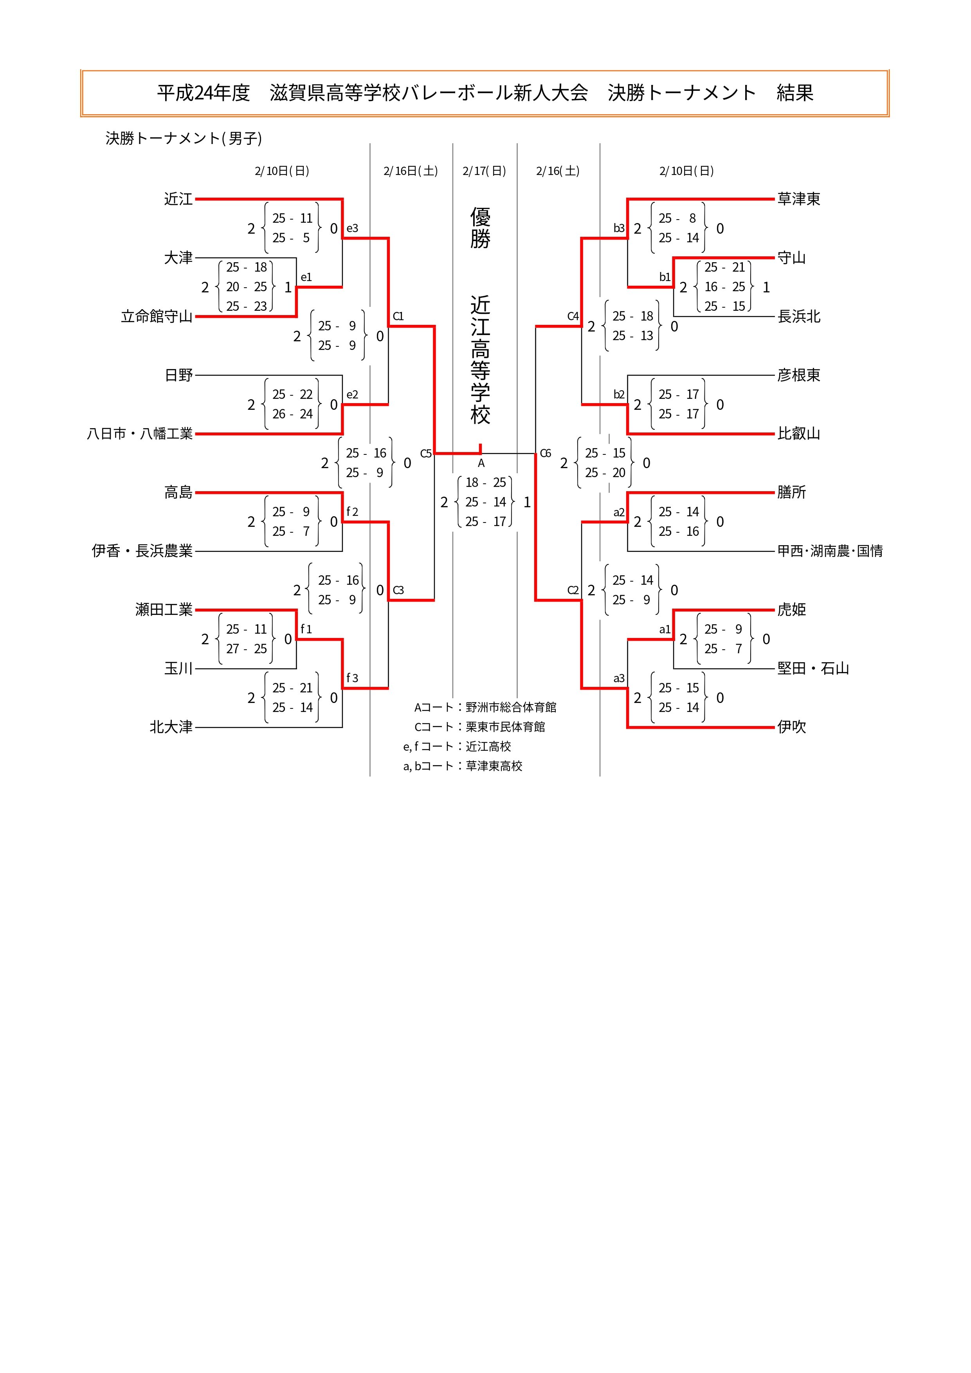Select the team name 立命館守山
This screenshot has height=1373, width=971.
click(x=157, y=316)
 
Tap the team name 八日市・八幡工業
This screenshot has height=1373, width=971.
click(x=140, y=434)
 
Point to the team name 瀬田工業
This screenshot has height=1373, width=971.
click(x=164, y=610)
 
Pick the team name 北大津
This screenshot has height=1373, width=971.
click(x=171, y=727)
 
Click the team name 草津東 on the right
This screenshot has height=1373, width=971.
click(x=799, y=199)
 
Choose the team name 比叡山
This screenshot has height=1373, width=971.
click(x=799, y=434)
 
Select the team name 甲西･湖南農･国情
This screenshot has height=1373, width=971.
click(x=830, y=551)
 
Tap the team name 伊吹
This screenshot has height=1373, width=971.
click(x=792, y=727)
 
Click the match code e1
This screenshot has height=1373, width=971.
click(x=306, y=277)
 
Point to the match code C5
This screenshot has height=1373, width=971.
click(x=426, y=453)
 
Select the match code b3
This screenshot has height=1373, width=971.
click(x=619, y=228)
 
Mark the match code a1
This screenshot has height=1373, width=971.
click(x=665, y=629)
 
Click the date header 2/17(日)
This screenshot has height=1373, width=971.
click(x=484, y=171)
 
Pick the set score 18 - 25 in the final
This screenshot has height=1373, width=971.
click(x=485, y=483)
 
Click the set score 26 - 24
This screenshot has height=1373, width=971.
click(x=292, y=414)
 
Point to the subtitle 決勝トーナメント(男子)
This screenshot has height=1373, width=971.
click(x=184, y=138)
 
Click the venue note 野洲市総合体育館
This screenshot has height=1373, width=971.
click(x=511, y=707)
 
